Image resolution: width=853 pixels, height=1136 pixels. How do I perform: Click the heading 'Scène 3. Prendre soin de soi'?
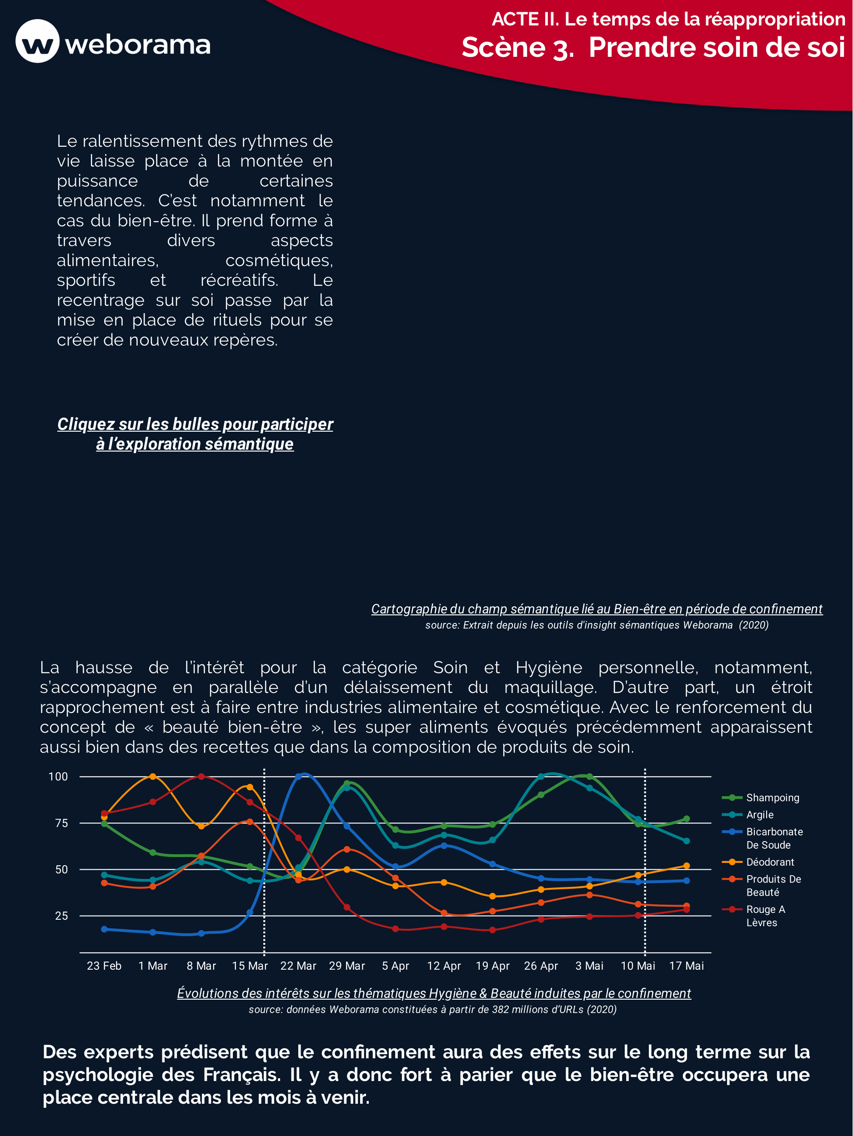(652, 48)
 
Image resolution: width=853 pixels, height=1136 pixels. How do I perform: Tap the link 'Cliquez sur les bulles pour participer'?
(195, 424)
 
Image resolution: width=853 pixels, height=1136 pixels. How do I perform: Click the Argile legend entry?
(759, 814)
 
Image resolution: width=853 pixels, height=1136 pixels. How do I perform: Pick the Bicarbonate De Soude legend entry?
(774, 838)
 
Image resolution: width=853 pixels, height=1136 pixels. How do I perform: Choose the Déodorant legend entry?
(770, 862)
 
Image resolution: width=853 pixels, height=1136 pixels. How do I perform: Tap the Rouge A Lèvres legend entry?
(765, 916)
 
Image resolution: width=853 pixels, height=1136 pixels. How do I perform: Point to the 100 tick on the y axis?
(58, 777)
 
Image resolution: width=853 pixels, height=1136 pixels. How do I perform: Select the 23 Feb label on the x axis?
(104, 966)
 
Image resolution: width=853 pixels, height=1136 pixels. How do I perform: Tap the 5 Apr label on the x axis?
(395, 966)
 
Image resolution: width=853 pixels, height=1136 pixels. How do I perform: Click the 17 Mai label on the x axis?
(686, 966)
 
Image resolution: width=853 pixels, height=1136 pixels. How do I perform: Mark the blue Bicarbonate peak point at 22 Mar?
(298, 777)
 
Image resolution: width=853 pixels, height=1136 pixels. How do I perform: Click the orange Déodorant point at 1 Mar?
(153, 777)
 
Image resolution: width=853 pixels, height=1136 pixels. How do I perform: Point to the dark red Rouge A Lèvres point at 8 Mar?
(201, 777)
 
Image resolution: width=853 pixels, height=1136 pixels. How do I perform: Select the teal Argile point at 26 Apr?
(541, 777)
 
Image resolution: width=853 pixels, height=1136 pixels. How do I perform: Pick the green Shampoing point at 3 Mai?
(589, 777)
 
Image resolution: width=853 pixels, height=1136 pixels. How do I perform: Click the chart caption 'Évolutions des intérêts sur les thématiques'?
(434, 993)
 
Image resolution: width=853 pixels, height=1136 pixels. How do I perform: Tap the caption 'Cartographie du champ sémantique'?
(597, 609)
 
